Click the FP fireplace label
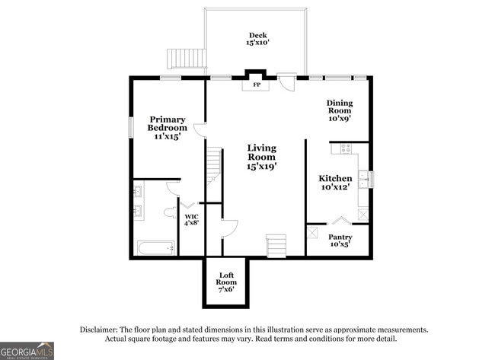257,85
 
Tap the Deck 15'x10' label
257,39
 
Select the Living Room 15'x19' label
262,157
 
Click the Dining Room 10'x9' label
340,110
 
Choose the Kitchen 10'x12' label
335,183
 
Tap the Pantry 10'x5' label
340,241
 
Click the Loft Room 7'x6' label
226,282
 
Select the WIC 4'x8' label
192,220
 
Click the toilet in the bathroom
171,212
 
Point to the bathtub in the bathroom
156,248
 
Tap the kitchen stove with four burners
346,148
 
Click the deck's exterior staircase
187,59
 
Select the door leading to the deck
286,82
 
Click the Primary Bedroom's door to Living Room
200,130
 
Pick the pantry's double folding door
340,221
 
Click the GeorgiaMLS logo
27,351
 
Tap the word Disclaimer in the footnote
99,330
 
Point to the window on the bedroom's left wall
130,127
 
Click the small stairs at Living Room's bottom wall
276,246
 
